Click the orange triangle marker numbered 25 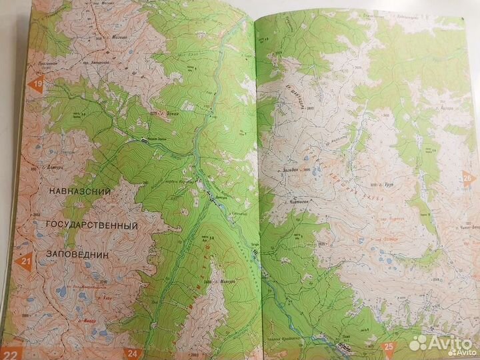coord(387,346)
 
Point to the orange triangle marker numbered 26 coord(468,177)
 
